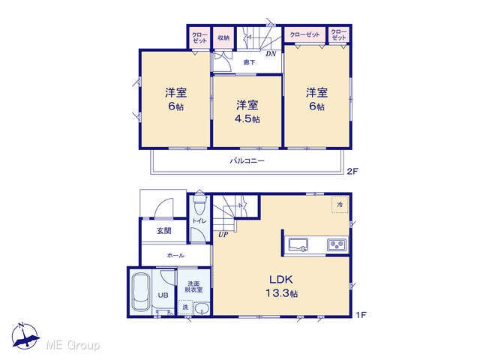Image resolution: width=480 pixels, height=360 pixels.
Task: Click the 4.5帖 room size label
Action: [x=247, y=118]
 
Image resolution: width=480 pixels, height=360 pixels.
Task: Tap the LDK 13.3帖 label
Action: [x=281, y=286]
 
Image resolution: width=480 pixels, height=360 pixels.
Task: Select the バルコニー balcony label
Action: [x=247, y=160]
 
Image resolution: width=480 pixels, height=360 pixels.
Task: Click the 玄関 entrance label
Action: [x=164, y=231]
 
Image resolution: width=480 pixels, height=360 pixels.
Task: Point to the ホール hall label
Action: [x=175, y=255]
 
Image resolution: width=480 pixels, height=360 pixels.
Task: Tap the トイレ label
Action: [x=199, y=221]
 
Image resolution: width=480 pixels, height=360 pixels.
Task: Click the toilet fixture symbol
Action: [x=199, y=202]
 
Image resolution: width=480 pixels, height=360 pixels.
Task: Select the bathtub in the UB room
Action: [x=140, y=292]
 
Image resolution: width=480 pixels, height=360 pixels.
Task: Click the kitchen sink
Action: [x=298, y=244]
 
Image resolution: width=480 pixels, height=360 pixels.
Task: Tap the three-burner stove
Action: [x=337, y=244]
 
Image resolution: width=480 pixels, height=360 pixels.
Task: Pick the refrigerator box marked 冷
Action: [x=340, y=204]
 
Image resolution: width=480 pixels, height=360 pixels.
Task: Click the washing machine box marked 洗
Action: [x=185, y=307]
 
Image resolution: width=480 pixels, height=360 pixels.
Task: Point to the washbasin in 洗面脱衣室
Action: [x=202, y=308]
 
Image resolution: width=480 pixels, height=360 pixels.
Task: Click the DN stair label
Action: [x=271, y=54]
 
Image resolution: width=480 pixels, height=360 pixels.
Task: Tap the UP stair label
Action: [x=223, y=235]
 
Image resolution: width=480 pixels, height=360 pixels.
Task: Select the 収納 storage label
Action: [x=223, y=38]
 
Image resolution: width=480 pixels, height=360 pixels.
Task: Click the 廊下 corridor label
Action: [x=249, y=62]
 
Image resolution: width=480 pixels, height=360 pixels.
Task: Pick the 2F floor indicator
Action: [x=352, y=171]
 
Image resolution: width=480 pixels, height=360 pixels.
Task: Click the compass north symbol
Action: [x=25, y=336]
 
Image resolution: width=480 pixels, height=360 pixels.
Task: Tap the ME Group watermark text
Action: [x=73, y=345]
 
